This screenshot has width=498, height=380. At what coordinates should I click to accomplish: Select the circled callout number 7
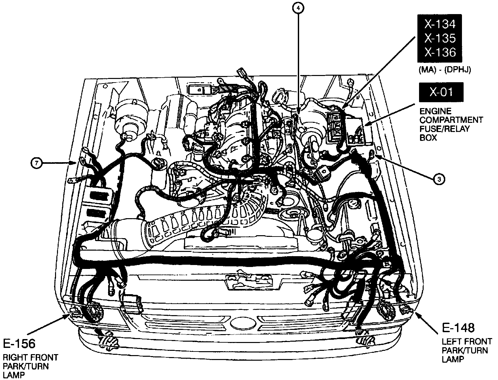(37, 163)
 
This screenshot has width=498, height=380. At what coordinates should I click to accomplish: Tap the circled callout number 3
(439, 179)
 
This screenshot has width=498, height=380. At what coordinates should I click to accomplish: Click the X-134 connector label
(440, 24)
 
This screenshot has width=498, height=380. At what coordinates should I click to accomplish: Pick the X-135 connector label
(440, 38)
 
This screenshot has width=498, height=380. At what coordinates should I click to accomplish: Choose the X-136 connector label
(440, 52)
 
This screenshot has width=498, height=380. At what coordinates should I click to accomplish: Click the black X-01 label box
(441, 92)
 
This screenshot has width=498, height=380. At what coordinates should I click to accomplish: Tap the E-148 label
(458, 327)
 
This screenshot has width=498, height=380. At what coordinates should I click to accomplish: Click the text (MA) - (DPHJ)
(444, 70)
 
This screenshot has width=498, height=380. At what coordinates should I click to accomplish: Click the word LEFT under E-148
(450, 342)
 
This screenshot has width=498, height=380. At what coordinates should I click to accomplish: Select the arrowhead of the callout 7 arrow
(75, 163)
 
